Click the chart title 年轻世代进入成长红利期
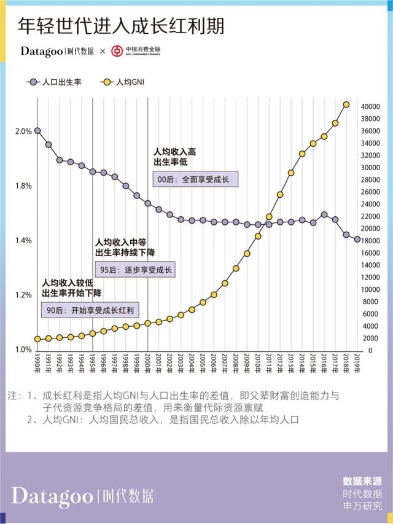point(121,25)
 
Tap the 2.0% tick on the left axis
point(23,131)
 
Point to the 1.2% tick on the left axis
point(23,295)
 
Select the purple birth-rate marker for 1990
point(37,131)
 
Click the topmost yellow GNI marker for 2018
point(346,105)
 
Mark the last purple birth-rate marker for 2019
point(357,239)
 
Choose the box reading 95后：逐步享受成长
point(135,269)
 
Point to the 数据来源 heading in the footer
point(362,481)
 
